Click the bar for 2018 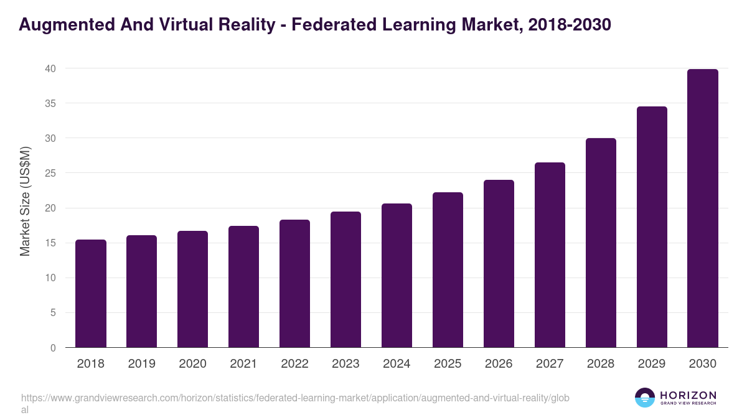click(x=91, y=294)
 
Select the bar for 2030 click(x=703, y=208)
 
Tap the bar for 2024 click(x=397, y=276)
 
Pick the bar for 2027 click(x=550, y=255)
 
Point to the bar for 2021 click(x=243, y=287)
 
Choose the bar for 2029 click(x=652, y=227)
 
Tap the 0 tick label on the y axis click(x=53, y=348)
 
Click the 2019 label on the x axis click(x=142, y=364)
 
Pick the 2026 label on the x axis click(x=499, y=364)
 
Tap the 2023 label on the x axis click(x=345, y=364)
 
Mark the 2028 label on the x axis click(x=601, y=364)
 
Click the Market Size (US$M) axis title click(x=25, y=201)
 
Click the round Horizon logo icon click(x=645, y=398)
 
